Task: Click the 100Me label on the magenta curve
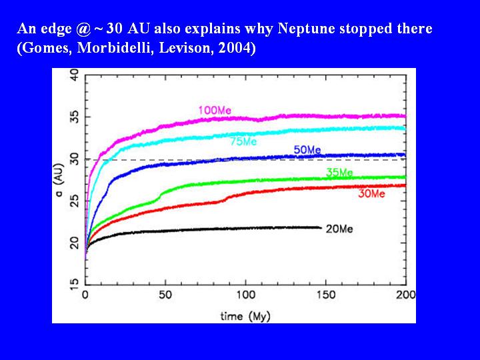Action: coord(214,110)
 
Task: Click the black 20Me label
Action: coord(339,229)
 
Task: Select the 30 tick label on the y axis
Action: coord(75,159)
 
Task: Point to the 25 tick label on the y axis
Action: coord(75,201)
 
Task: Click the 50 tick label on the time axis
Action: coord(165,295)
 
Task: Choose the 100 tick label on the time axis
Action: coord(245,295)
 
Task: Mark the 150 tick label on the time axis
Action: coord(326,295)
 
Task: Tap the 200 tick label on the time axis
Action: coord(405,295)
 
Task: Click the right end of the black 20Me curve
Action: coord(321,227)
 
